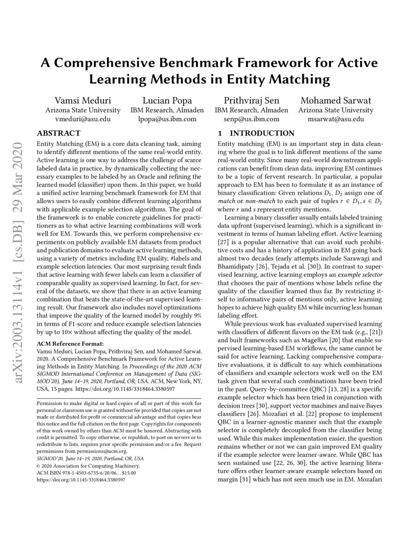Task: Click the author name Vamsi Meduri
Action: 82,100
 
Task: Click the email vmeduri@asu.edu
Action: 82,119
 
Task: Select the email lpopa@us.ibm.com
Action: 163,119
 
